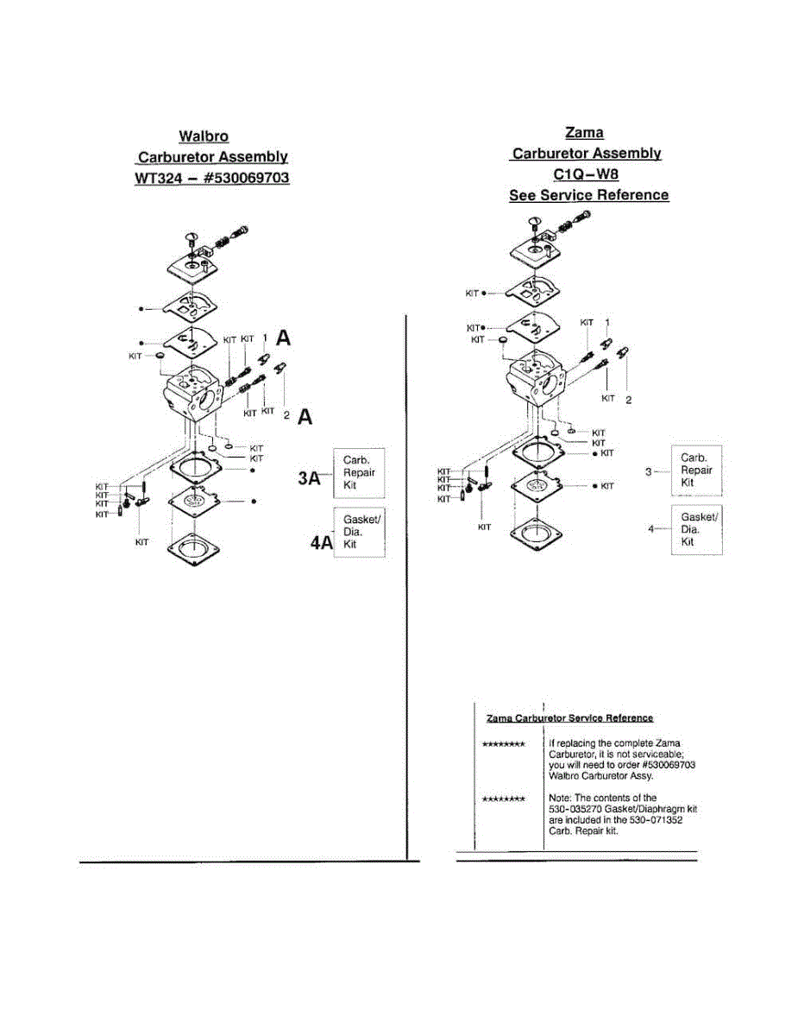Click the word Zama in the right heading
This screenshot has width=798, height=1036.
point(584,132)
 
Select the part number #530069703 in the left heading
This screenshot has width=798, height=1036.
point(246,178)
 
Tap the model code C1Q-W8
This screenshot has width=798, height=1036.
point(587,174)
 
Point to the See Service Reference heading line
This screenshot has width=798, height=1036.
point(588,195)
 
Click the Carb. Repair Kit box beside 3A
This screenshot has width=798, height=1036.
point(359,472)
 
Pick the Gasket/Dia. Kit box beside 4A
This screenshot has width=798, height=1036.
point(359,532)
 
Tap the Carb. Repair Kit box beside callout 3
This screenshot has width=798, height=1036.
point(696,471)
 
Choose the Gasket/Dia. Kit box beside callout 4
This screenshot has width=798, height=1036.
point(696,528)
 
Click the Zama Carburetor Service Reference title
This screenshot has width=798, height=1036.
point(569,718)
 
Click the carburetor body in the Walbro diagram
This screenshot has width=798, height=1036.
point(192,392)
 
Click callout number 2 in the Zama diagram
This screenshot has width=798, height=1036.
point(628,400)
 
